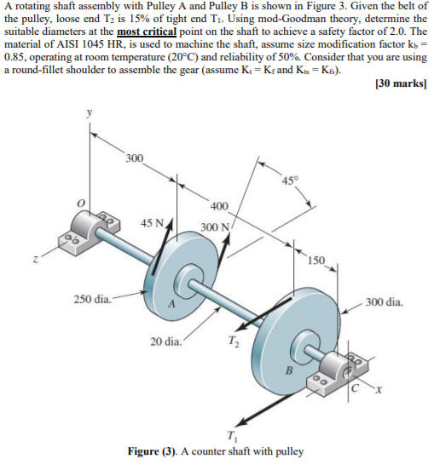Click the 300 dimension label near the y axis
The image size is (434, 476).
pos(134,158)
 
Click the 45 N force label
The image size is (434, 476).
pos(153,223)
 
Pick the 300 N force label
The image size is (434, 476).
pos(215,227)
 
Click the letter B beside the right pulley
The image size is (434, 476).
pos(287,369)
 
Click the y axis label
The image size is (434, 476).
pos(85,112)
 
